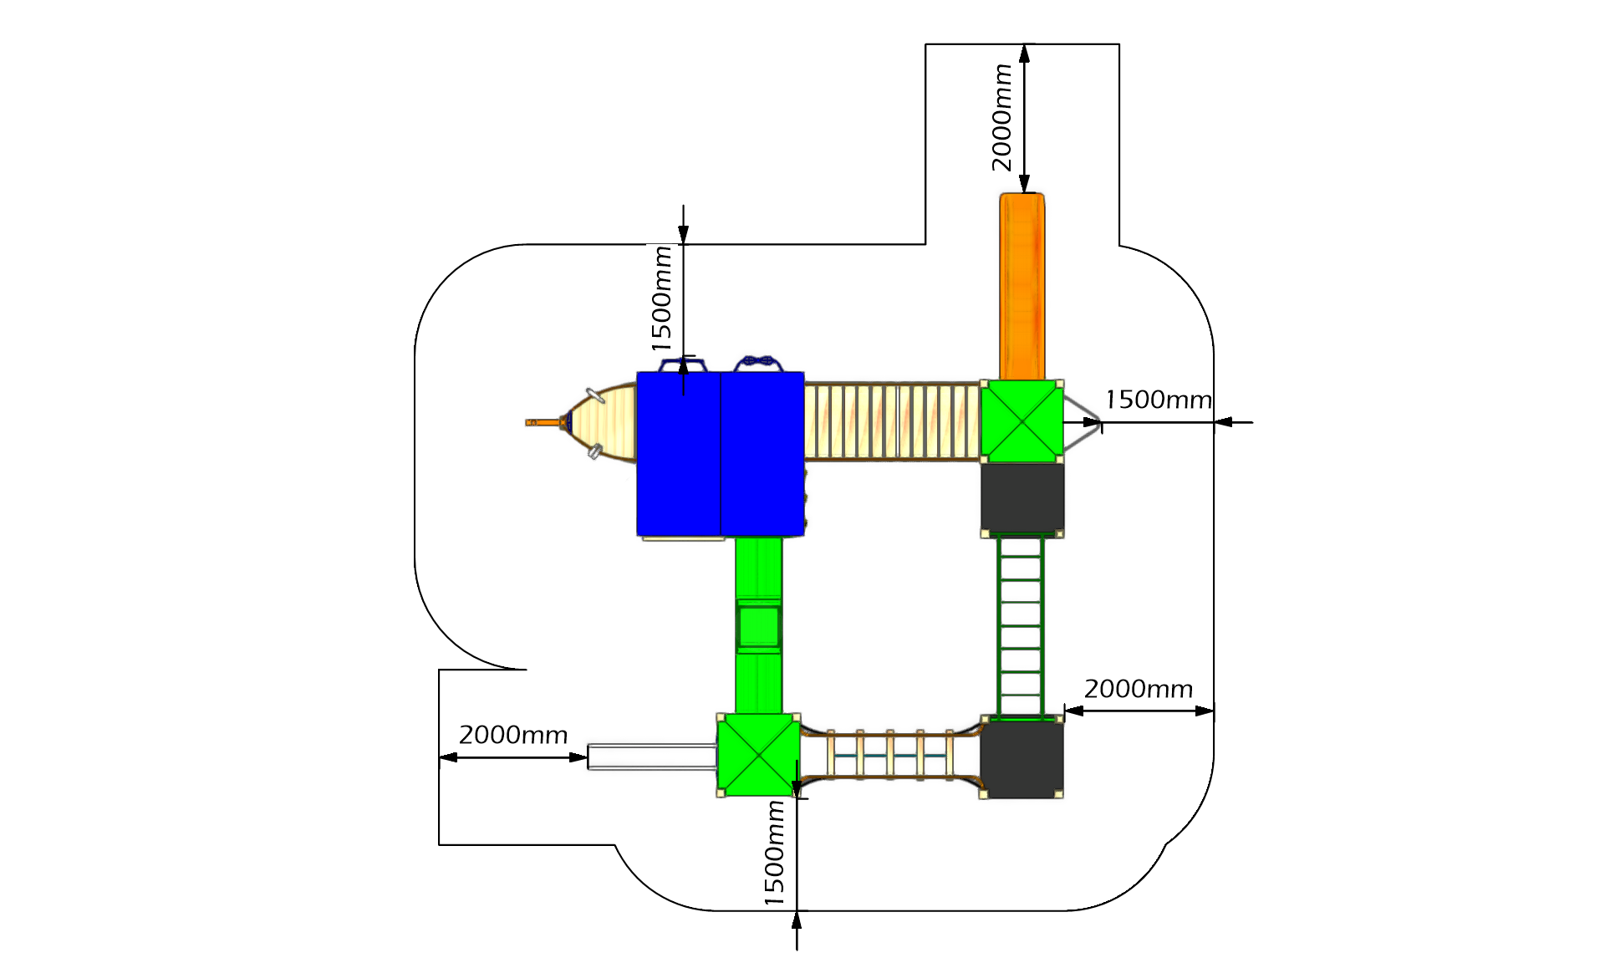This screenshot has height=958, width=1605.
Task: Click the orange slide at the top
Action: (1022, 287)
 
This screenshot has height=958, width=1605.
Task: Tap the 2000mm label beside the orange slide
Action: (1001, 118)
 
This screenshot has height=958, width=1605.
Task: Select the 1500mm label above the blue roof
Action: (661, 298)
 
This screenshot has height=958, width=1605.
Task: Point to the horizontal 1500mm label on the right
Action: (1159, 400)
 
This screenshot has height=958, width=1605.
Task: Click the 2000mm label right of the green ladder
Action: (1139, 689)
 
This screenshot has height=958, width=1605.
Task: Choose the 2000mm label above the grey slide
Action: (513, 735)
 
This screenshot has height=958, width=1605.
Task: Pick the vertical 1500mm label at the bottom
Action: (774, 853)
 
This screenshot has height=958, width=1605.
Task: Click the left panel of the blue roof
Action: (679, 454)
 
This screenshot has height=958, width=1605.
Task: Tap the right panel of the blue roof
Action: (762, 454)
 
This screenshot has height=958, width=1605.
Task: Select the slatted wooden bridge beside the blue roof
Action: (893, 421)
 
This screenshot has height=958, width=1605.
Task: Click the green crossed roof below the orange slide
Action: (1022, 420)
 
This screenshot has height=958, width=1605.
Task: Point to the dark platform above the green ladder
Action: (1022, 498)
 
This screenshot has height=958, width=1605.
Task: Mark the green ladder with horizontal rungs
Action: (1021, 625)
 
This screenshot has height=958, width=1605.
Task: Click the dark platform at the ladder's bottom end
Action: (1022, 757)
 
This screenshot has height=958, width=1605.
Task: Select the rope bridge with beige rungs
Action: (889, 755)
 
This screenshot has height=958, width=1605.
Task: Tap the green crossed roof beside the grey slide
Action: (758, 754)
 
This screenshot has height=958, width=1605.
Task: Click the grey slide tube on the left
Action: (652, 757)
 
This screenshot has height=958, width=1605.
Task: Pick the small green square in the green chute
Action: (759, 625)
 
